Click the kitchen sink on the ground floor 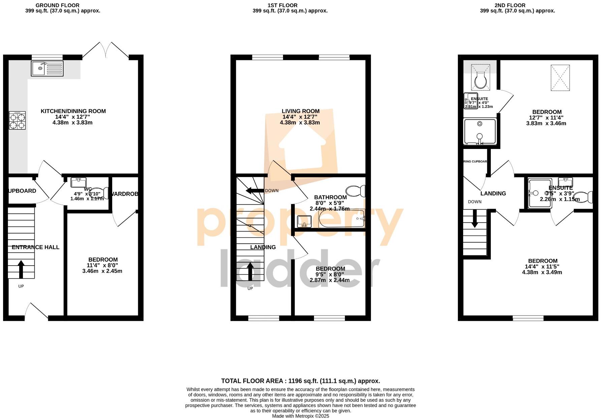47,68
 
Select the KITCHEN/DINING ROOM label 73,111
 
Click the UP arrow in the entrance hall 21,269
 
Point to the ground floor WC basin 79,182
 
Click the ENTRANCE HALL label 35,247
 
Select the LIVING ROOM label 300,111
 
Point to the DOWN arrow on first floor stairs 255,191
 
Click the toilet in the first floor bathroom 355,191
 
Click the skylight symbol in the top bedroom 560,78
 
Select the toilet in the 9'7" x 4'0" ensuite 480,80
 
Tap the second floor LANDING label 493,193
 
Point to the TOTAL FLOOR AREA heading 300,381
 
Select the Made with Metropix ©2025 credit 300,416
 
